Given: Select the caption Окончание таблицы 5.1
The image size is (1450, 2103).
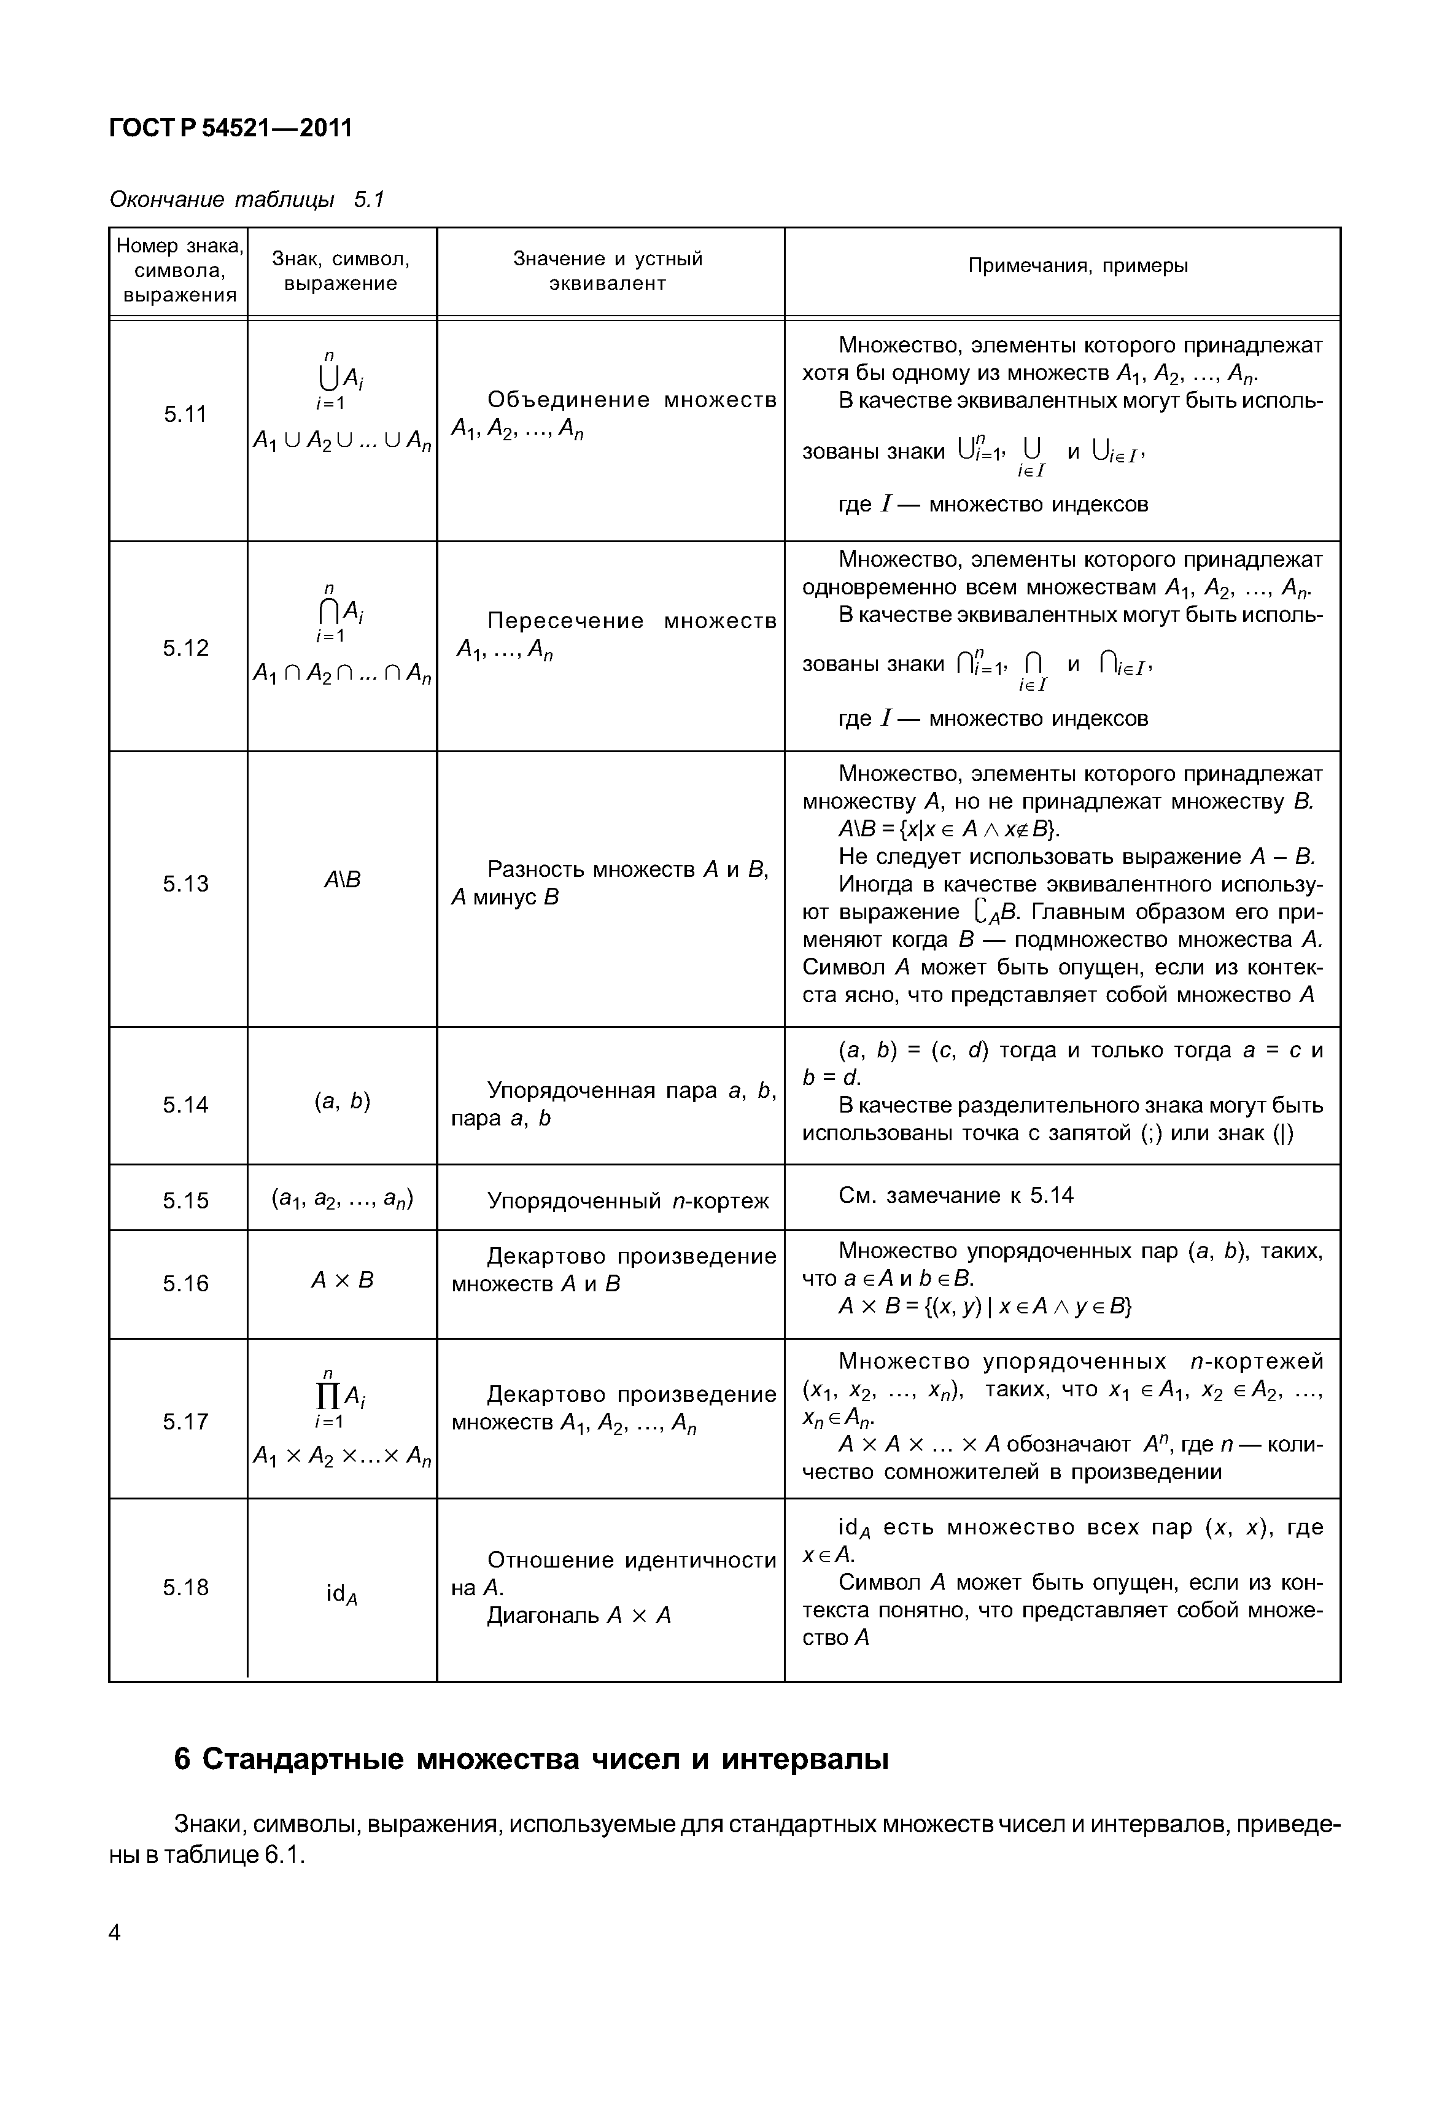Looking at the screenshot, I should click(246, 199).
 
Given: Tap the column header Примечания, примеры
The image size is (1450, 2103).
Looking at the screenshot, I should click(1077, 265).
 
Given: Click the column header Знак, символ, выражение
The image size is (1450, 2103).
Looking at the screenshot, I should click(341, 271).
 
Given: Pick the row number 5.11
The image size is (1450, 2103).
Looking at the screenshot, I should click(185, 414).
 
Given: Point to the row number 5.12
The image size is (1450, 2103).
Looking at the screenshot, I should click(185, 648).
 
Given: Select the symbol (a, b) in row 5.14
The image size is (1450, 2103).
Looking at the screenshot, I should click(341, 1102).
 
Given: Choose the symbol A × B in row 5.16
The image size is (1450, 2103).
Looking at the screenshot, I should click(341, 1280).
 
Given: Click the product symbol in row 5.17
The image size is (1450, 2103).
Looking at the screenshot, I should click(331, 1396).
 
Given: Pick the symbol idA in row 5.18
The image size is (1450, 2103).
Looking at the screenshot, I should click(341, 1594).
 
